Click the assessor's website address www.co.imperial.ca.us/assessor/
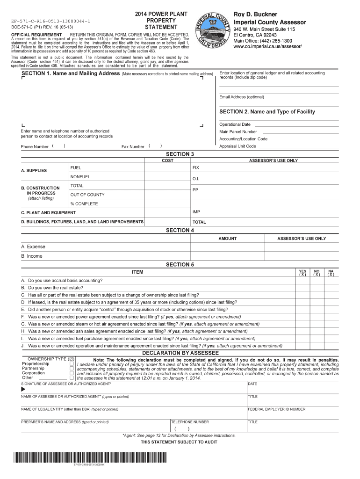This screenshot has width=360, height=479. pyautogui.click(x=267, y=47)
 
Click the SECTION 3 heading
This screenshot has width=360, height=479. pyautogui.click(x=180, y=154)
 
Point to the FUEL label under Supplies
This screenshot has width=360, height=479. pyautogui.click(x=76, y=167)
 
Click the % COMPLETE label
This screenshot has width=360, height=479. pyautogui.click(x=84, y=203)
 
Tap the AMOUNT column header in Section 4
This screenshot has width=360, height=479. pyautogui.click(x=227, y=239)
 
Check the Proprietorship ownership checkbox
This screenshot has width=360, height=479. pyautogui.click(x=72, y=363)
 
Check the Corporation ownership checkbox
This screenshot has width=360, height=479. pyautogui.click(x=72, y=373)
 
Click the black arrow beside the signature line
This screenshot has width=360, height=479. pyautogui.click(x=23, y=389)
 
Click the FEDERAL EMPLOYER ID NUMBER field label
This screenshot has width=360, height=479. pyautogui.click(x=276, y=409)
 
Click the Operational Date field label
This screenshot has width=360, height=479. pyautogui.click(x=235, y=124)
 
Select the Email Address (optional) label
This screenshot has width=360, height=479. pyautogui.click(x=242, y=97)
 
